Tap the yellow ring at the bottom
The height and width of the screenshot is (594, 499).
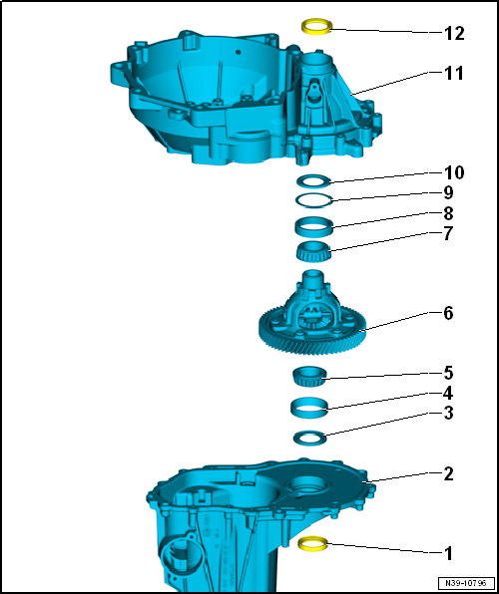[314, 543]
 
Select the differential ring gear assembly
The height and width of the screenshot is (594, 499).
[312, 319]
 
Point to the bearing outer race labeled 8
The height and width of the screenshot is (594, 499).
[313, 226]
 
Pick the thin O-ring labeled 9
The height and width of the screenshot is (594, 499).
[314, 199]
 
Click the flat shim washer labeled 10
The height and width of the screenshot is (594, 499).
[314, 181]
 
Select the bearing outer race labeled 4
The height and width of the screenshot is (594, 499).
[310, 407]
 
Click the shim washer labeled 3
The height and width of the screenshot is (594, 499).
[310, 437]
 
